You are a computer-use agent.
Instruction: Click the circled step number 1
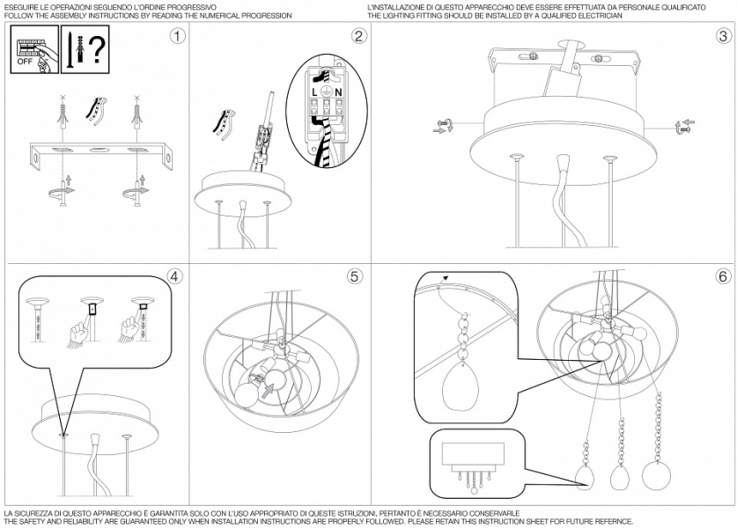[x=177, y=36]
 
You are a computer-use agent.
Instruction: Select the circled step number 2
[x=358, y=36]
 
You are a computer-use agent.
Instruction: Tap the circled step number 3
[x=724, y=36]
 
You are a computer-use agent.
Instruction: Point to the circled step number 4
[x=174, y=276]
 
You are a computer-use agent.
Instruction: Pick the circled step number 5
[x=354, y=276]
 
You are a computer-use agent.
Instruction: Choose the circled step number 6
[x=724, y=276]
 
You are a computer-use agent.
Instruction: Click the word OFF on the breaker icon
[x=25, y=62]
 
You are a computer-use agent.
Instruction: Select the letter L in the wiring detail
[x=314, y=93]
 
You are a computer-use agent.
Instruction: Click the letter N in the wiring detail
[x=338, y=93]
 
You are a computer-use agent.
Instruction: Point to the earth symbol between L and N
[x=326, y=92]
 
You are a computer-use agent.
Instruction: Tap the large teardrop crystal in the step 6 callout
[x=459, y=386]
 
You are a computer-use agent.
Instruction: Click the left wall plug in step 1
[x=63, y=115]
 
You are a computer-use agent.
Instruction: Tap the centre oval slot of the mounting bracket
[x=99, y=150]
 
